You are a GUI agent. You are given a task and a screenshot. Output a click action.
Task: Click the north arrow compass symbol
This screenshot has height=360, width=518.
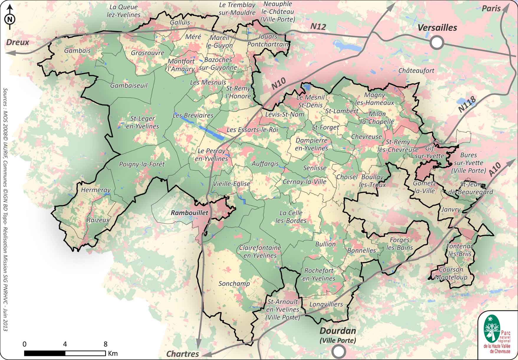[x=10, y=18]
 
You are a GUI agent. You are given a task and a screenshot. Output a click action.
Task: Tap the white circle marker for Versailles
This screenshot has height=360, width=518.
[x=437, y=42]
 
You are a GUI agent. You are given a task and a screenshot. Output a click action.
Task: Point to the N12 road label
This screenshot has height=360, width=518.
[x=318, y=27]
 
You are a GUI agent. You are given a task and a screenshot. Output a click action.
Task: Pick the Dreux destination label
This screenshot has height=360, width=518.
[x=18, y=42]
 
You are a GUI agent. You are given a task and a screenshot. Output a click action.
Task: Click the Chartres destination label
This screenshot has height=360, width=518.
[x=183, y=354]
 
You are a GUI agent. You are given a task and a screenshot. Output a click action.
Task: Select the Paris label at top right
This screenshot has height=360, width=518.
[x=491, y=9]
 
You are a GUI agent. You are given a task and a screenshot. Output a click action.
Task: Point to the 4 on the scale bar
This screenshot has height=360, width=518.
[x=65, y=344]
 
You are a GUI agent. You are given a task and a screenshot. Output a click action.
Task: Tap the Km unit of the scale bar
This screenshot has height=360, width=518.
[x=113, y=353]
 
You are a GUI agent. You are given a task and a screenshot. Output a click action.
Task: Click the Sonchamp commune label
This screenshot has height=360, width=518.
[x=234, y=284]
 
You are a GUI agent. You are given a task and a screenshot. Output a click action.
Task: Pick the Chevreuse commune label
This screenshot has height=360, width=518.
[x=366, y=137]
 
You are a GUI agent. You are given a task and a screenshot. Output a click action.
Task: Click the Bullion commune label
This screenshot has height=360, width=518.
[x=325, y=244]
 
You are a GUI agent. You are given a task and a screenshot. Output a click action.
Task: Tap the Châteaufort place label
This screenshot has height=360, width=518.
[x=416, y=71]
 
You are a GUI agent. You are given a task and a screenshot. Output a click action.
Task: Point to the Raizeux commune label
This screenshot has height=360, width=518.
[x=98, y=220]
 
